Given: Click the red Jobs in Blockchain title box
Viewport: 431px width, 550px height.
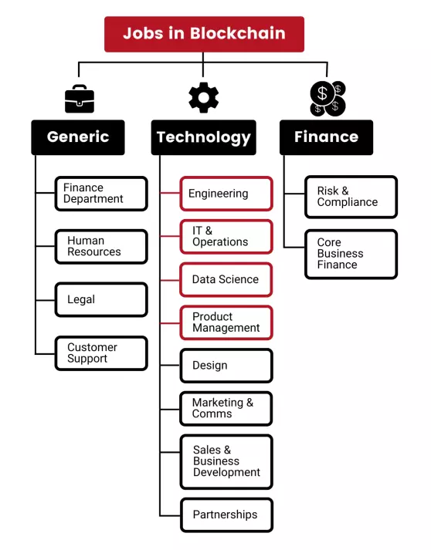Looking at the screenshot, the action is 204,34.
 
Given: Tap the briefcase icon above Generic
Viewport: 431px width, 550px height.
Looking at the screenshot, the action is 80,99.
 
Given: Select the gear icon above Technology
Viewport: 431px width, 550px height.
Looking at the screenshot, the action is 204,97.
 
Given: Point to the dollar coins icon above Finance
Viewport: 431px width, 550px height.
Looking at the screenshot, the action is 327,99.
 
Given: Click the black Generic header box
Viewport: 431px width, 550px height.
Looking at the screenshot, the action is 78,137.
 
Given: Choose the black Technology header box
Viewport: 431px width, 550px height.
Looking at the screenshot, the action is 204,137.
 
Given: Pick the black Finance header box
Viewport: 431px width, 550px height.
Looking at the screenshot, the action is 326,137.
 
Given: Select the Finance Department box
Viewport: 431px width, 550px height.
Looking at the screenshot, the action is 101,194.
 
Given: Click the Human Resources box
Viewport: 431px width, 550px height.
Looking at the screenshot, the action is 101,247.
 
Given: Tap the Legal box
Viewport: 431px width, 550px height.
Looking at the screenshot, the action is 101,300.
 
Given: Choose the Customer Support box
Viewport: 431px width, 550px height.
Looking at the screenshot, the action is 101,353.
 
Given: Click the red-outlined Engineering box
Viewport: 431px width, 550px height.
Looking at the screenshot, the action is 226,194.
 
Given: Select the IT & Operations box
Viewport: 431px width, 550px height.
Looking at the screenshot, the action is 226,236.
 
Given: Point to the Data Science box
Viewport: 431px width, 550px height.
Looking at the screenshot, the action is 226,279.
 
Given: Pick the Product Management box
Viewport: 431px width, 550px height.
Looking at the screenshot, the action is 226,322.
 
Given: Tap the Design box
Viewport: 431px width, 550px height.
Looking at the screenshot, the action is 226,366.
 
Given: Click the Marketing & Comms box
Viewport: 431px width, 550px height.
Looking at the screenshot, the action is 226,409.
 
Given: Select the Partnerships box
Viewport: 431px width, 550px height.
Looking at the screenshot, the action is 226,515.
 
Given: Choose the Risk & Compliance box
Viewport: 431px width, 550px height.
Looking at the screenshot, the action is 351,197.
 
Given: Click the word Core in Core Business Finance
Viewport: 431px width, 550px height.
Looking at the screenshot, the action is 329,242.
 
